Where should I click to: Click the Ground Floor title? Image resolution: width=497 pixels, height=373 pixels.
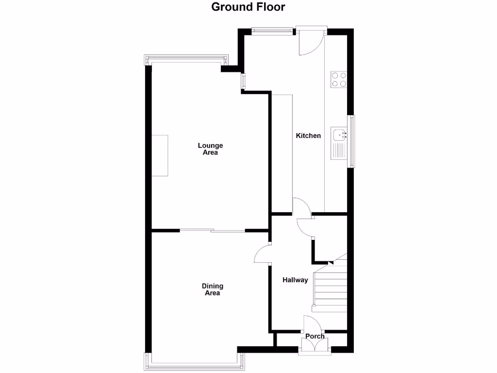[x=248, y=7]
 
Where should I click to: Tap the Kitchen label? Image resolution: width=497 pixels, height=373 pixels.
[x=308, y=136]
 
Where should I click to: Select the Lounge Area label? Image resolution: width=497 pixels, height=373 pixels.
[x=210, y=149]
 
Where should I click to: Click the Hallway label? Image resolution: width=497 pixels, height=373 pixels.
[x=296, y=280]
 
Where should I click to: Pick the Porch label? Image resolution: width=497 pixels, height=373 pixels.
[x=315, y=336]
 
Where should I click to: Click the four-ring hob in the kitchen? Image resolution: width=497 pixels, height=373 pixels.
[x=339, y=79]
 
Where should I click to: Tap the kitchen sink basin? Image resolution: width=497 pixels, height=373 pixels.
[x=338, y=134]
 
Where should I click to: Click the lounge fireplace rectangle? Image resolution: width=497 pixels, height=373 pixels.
[x=160, y=155]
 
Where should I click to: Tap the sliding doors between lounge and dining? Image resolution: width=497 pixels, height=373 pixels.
[x=213, y=231]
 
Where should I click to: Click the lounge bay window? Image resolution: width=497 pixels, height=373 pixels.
[x=186, y=60]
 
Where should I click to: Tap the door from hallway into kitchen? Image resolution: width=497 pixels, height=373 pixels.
[x=302, y=206]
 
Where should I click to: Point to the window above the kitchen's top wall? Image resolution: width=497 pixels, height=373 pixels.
[x=272, y=32]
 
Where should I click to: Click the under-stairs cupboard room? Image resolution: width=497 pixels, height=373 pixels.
[x=330, y=237]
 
